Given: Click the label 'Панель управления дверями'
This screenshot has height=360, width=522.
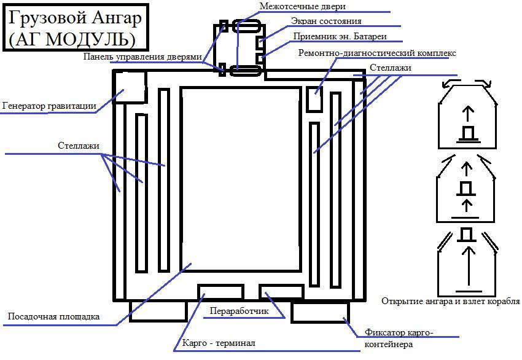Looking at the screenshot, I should (x=143, y=57).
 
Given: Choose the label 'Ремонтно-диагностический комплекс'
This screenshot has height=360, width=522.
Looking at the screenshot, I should (x=377, y=53).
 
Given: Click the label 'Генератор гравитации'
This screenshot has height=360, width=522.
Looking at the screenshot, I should (x=49, y=106).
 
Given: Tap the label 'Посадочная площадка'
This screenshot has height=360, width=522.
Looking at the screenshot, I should (x=53, y=317).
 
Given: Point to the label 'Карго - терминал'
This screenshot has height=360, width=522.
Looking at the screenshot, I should (x=219, y=343).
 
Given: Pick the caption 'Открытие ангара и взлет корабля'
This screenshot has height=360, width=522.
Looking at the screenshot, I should (x=450, y=301).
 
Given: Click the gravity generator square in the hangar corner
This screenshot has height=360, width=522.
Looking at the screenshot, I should (x=130, y=87).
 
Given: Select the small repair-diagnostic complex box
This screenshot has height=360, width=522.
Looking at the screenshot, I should (x=314, y=98).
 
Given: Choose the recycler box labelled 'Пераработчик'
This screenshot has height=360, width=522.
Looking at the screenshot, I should (x=281, y=292).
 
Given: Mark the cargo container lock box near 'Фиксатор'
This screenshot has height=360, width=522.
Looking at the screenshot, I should (x=319, y=312).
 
